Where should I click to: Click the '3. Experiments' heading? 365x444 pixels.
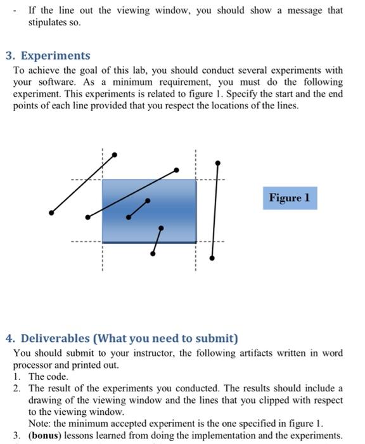(x=52, y=56)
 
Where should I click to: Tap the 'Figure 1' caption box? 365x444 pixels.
(x=290, y=198)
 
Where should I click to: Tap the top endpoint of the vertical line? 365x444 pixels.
(x=218, y=163)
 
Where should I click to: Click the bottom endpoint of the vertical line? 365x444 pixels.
(x=213, y=258)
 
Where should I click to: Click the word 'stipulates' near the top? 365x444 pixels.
(x=47, y=22)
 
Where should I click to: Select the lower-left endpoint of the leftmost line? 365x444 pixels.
(x=50, y=212)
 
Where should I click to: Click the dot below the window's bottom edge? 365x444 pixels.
(x=153, y=253)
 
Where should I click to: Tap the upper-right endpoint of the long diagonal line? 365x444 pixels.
(x=177, y=169)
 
